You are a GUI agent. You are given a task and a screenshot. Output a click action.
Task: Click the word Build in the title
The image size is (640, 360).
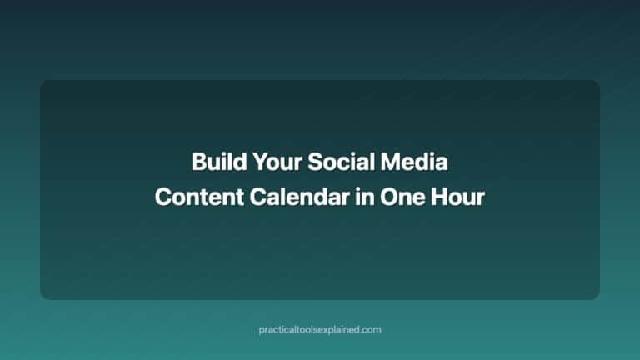tap(212, 162)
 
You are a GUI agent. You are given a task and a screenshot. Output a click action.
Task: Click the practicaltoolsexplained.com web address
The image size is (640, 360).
tap(320, 330)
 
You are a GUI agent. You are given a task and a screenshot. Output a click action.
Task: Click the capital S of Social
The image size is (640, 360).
tap(314, 162)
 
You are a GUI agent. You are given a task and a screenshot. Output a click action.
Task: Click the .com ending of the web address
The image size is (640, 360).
tap(371, 330)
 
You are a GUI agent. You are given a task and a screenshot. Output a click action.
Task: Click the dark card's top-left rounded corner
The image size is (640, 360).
tap(43, 83)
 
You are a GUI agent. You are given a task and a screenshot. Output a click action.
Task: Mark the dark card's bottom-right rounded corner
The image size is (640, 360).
tap(596, 296)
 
